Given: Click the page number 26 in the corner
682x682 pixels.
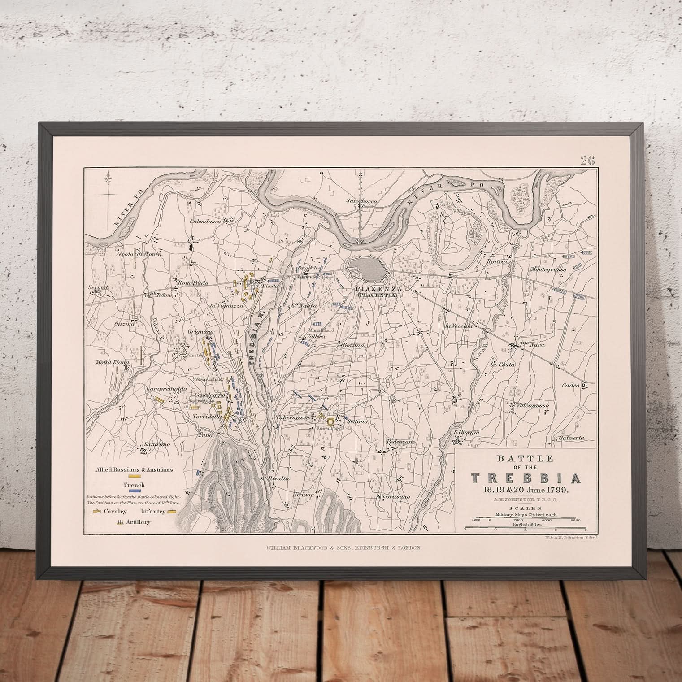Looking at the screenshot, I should coord(587,161).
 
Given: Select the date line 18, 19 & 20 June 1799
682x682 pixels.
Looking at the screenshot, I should coord(524,490).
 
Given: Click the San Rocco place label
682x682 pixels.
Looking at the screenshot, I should coord(361,201).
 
